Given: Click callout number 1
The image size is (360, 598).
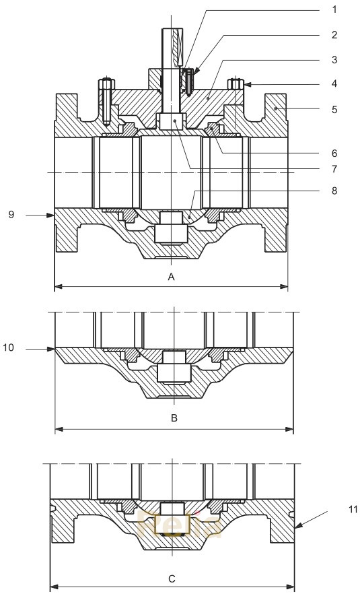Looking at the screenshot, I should (334, 10).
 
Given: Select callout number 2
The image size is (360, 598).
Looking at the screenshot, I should (334, 34).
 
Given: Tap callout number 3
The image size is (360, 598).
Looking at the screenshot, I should (334, 60).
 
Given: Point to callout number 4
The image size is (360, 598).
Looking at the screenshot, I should (334, 84).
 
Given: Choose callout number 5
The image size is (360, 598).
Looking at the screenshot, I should (334, 108).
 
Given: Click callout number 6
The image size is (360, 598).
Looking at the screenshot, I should (334, 153).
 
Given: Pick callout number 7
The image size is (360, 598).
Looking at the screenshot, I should (334, 168).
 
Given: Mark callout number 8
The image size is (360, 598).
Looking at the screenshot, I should (334, 191).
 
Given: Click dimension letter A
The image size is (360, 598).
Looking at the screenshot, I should (171, 277).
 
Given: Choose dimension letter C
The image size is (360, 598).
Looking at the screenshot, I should (172, 577).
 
